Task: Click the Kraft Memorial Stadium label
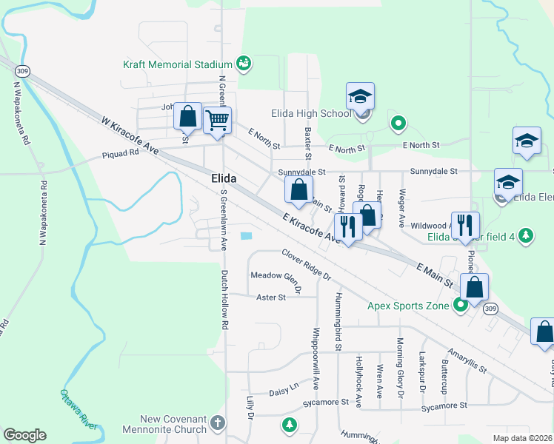coord(178,64)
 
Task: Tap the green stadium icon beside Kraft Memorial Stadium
coord(244,64)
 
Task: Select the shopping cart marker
coord(217,119)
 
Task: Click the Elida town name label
coord(223,178)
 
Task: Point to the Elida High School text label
coord(316,113)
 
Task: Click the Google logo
coord(25,435)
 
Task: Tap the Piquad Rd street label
coord(121,154)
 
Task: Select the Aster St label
coord(270,297)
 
